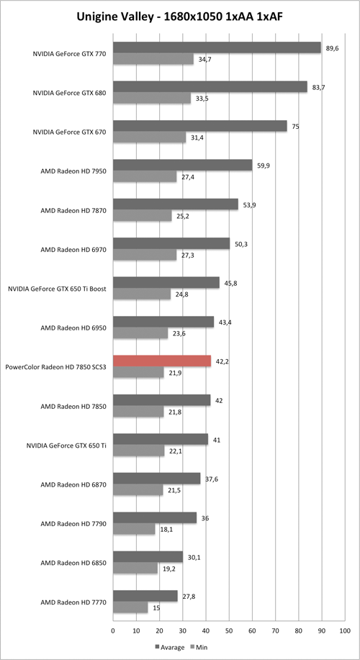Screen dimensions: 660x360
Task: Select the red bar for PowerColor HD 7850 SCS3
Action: [x=162, y=361]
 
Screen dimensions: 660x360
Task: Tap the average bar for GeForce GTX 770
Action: [x=217, y=48]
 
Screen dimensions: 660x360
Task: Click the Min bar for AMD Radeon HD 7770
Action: [x=130, y=607]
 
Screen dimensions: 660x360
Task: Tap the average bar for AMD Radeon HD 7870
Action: [x=175, y=204]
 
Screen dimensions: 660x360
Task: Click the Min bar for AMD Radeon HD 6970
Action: [x=145, y=255]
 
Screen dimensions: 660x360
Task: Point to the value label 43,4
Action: [x=225, y=322]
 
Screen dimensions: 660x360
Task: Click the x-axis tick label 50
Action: [x=229, y=631]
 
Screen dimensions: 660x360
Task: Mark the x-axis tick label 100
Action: [x=344, y=631]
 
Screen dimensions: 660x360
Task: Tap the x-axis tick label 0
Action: [x=113, y=631]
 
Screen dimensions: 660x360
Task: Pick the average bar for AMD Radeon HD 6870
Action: [x=156, y=478]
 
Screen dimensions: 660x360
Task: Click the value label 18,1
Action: [x=165, y=529]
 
